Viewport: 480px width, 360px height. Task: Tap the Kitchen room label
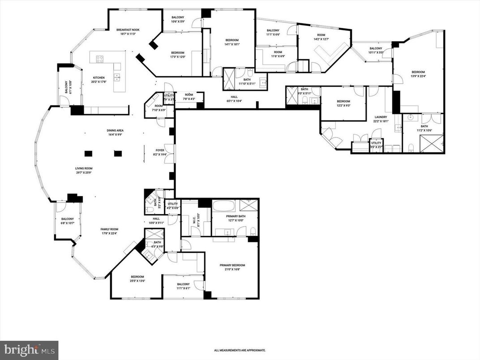pos(99,79)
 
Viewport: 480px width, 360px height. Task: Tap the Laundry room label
pos(381,119)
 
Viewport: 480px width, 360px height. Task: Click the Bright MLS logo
pos(29,350)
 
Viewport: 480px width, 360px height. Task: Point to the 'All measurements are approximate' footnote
pos(240,350)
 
